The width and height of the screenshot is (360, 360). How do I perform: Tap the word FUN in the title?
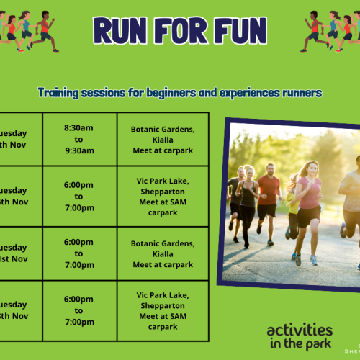237,31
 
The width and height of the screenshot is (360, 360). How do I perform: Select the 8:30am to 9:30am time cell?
79,139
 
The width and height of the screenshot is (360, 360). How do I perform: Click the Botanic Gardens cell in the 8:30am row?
163,139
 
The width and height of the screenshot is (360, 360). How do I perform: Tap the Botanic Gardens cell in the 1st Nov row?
163,254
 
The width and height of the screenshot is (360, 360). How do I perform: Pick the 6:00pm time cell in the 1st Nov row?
79,254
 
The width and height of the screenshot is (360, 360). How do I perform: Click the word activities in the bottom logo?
300,330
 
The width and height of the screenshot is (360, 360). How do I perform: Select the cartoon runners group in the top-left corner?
29,30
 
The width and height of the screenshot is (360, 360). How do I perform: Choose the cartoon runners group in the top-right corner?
330,30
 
